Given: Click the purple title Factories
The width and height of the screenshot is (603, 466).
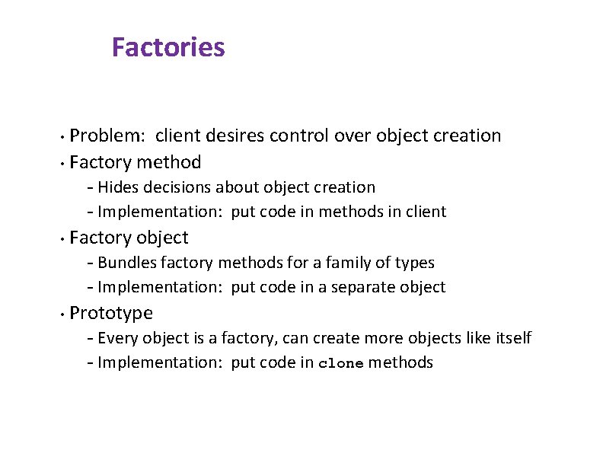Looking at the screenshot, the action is coord(168,47).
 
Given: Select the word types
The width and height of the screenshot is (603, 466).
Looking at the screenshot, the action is coord(415,263).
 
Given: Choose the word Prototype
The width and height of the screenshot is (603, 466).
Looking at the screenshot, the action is coord(111,313).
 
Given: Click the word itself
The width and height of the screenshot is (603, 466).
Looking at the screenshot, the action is coord(513,337).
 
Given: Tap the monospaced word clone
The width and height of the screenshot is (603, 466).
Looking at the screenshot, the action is coord(340,363).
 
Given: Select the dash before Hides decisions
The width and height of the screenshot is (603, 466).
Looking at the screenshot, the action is coord(91,188).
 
